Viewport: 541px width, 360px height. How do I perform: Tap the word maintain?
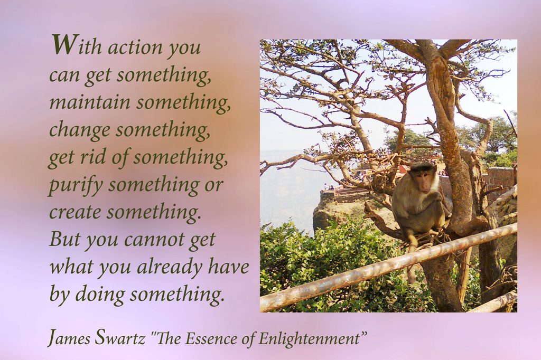pyautogui.click(x=90, y=102)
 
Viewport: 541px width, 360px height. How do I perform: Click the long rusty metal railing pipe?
pyautogui.click(x=388, y=267)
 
